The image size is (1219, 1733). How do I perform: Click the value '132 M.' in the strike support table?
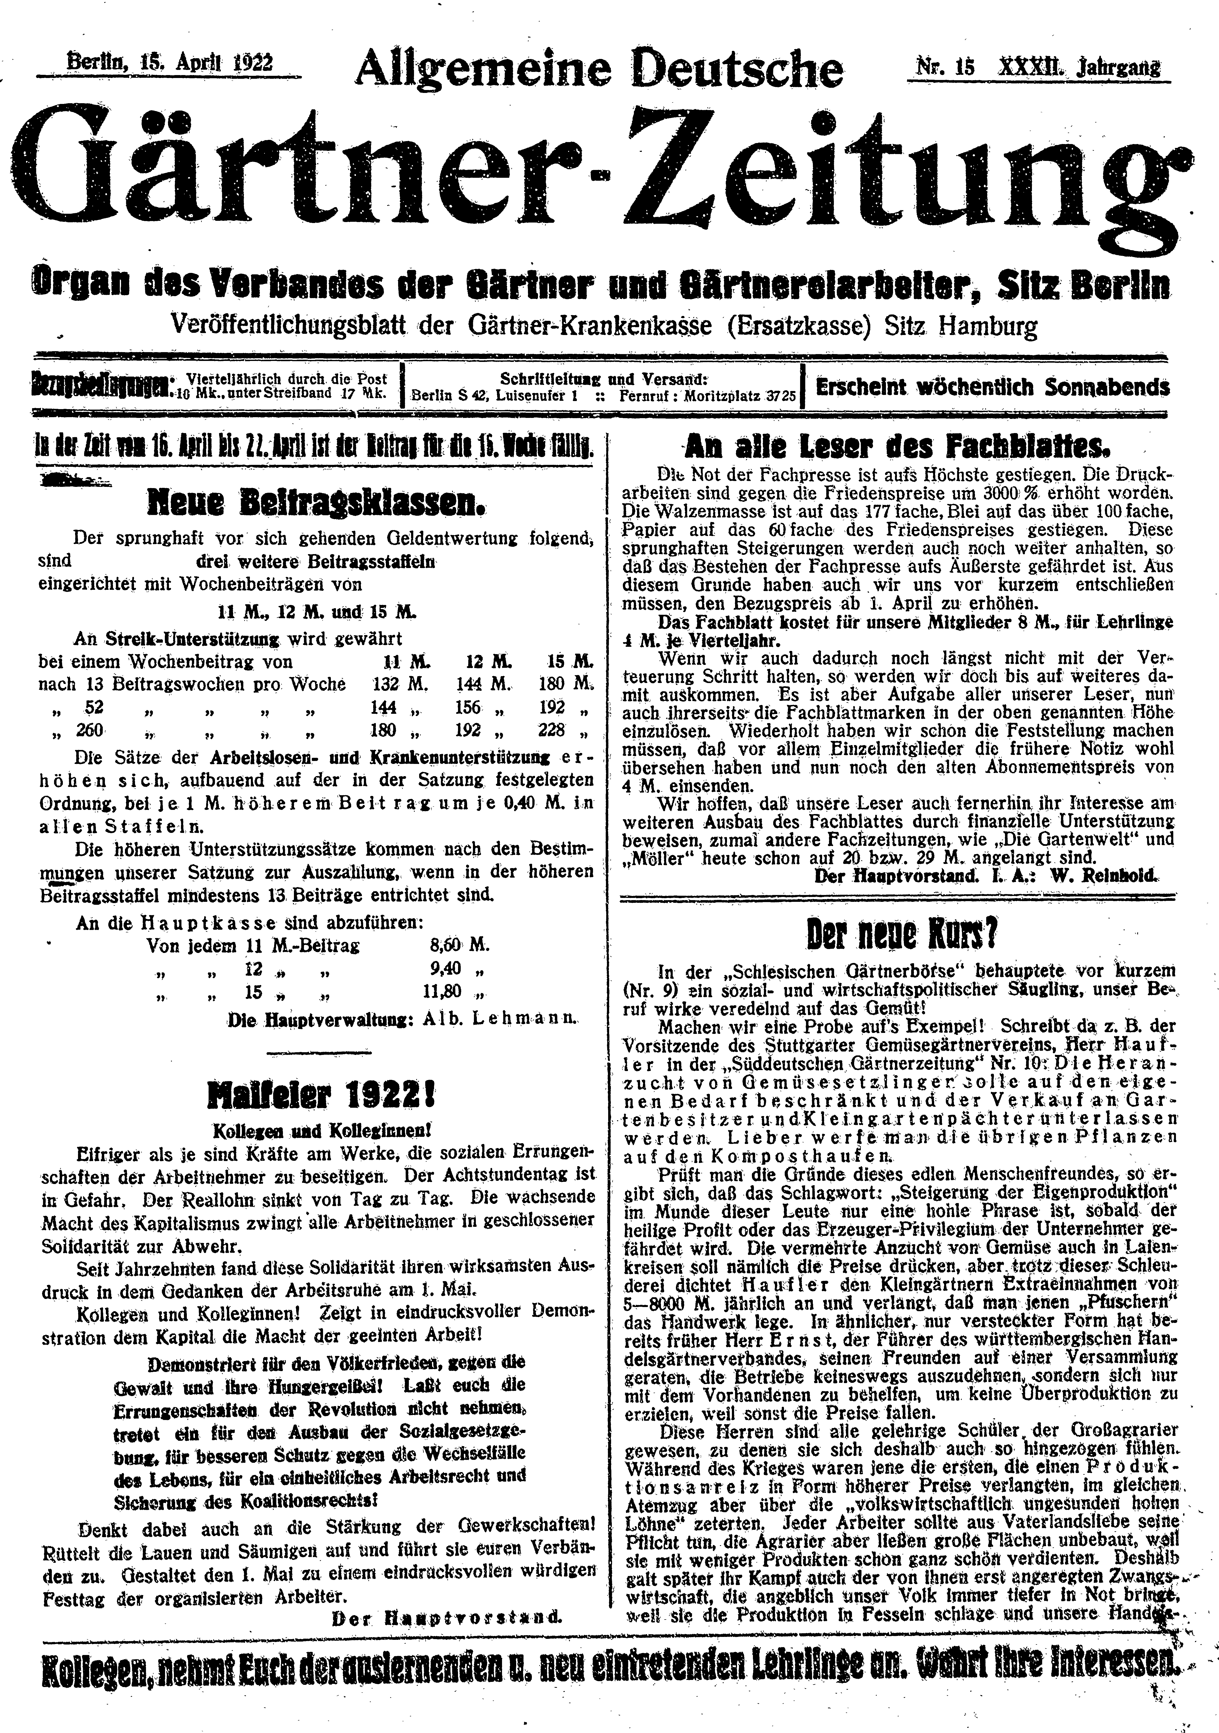(401, 685)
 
